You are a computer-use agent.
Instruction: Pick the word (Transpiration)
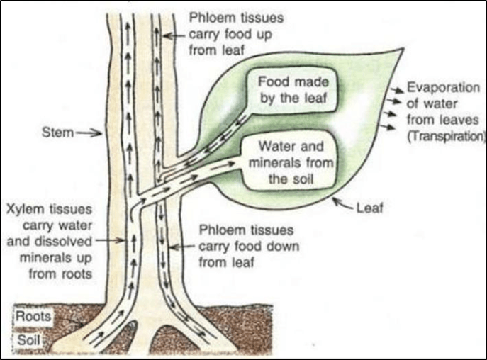[x=445, y=135]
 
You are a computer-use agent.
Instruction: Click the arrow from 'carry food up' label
[x=175, y=34]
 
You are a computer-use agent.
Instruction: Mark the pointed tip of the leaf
[x=403, y=50]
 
